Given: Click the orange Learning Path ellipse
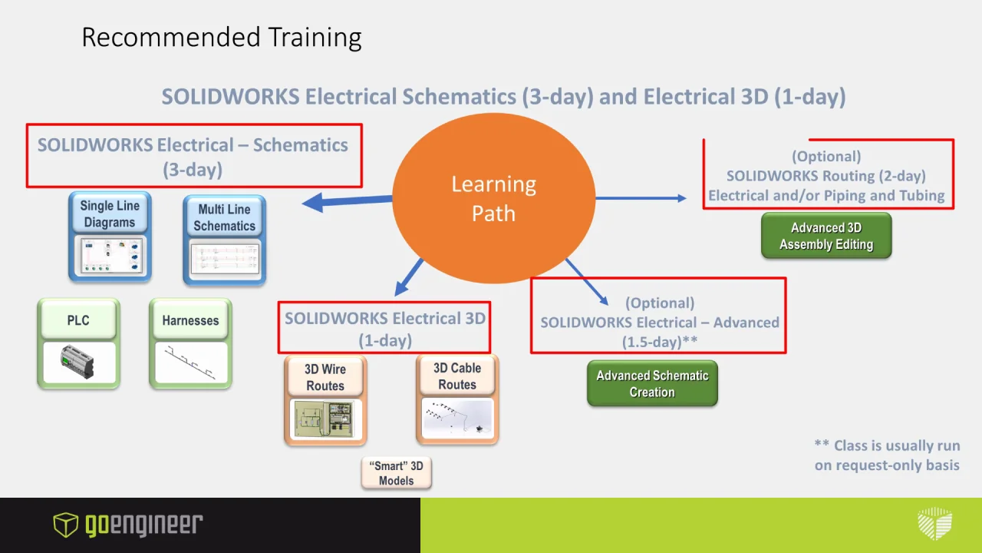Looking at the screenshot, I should [x=493, y=198].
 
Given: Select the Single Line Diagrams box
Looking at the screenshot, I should [x=110, y=237].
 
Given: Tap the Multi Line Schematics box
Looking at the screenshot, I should [x=224, y=240].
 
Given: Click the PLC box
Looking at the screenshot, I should [x=78, y=343].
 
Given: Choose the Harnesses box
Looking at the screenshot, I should [x=190, y=343].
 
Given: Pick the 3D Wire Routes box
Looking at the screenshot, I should [x=325, y=400].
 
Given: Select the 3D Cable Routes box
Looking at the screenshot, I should [x=457, y=399].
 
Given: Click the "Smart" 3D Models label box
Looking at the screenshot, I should [x=396, y=473].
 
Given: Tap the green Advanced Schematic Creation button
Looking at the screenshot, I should [x=652, y=383].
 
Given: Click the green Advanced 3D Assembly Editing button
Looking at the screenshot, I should [x=826, y=236].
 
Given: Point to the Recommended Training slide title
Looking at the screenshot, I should [x=221, y=37].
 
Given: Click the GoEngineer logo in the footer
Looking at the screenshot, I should [x=127, y=525].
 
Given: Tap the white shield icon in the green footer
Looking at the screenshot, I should [x=934, y=525].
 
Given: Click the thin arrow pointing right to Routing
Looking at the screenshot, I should [x=641, y=198].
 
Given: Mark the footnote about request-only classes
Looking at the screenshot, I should [x=887, y=455].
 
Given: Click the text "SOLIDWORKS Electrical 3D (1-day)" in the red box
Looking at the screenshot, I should [x=385, y=329].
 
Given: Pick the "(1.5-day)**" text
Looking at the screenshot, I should [x=660, y=342].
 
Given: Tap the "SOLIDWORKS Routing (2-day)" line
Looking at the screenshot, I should [x=826, y=176].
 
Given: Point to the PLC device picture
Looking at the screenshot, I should [x=78, y=363].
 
